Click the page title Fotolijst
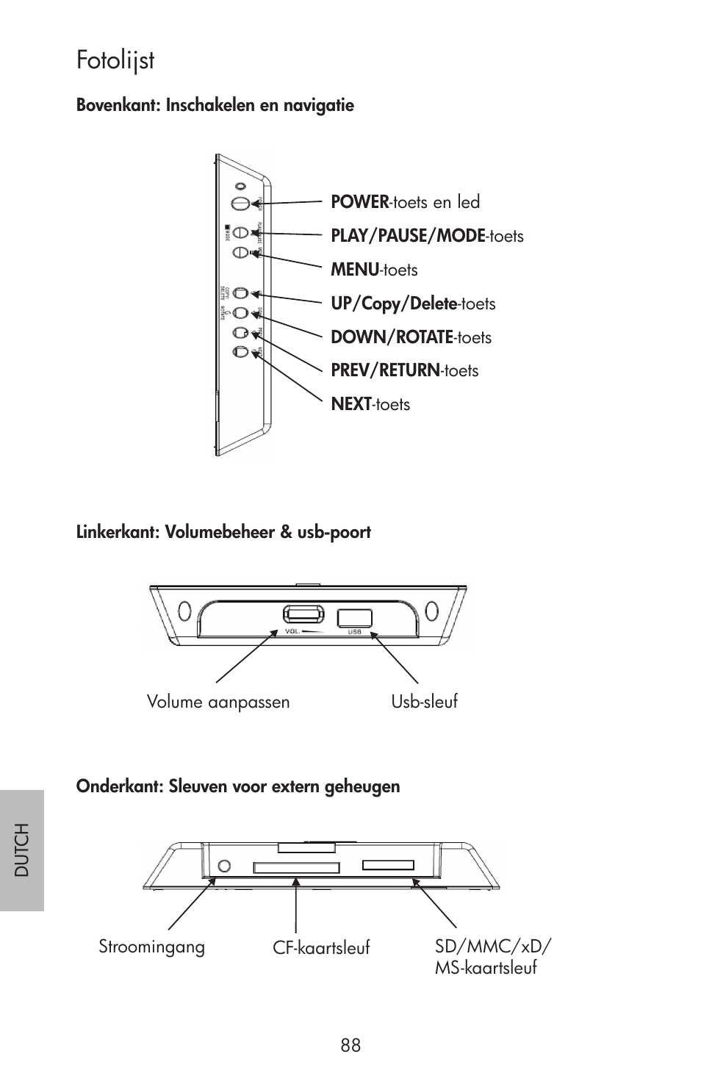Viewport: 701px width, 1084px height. (115, 60)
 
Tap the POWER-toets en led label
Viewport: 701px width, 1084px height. (405, 202)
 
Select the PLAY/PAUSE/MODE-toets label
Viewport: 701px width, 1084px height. (427, 236)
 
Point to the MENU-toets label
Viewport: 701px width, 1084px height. (374, 270)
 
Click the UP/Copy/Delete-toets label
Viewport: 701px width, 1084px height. (413, 304)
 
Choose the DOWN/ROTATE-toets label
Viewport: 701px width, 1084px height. (411, 337)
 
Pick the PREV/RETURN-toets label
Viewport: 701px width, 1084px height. (404, 370)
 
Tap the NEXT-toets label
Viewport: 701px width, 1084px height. (370, 404)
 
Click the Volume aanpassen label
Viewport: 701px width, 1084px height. (218, 702)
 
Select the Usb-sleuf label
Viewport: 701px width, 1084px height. (424, 701)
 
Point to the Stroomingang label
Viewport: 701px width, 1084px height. (152, 947)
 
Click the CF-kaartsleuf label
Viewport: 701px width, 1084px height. (321, 948)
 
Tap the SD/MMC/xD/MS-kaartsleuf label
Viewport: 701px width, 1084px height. (492, 956)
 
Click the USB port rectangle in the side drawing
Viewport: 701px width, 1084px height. (354, 618)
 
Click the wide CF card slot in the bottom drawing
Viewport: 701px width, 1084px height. (296, 868)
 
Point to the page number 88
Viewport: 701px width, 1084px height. (350, 1046)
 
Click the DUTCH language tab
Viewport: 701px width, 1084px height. (22, 850)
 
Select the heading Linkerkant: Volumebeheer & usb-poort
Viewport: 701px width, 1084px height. (223, 532)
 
